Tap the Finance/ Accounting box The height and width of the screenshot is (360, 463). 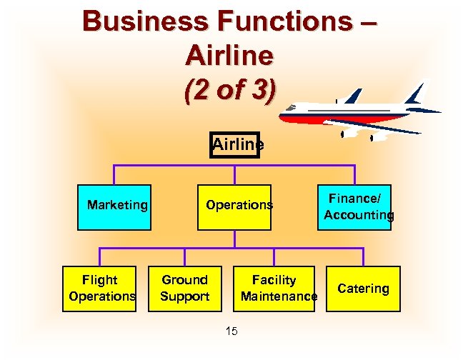pyautogui.click(x=354, y=206)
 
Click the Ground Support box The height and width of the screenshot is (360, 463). pyautogui.click(x=184, y=288)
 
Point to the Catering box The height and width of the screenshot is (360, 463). pyautogui.click(x=364, y=288)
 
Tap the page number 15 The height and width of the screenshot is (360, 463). pyautogui.click(x=231, y=330)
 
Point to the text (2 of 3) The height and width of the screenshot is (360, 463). pyautogui.click(x=228, y=91)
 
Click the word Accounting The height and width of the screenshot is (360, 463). pyautogui.click(x=359, y=215)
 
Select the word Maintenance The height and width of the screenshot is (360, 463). pyautogui.click(x=279, y=296)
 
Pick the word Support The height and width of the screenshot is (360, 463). pyautogui.click(x=184, y=296)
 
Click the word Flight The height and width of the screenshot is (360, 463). pyautogui.click(x=100, y=279)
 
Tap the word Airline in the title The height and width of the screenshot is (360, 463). pyautogui.click(x=229, y=55)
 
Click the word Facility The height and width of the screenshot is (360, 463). pyautogui.click(x=274, y=279)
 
